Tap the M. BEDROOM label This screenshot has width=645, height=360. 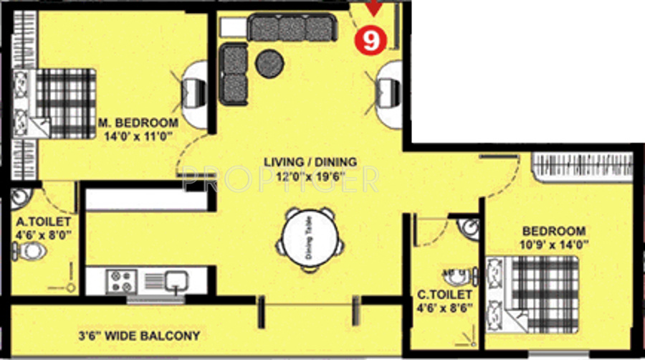point(138,121)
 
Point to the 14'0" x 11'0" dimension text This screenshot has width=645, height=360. point(138,134)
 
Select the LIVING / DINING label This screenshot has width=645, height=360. point(310,162)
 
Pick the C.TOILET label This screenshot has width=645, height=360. point(445,295)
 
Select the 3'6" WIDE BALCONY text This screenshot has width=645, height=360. point(139,336)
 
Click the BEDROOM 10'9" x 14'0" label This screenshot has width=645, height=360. point(555,237)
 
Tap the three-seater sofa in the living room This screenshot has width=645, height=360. point(291,28)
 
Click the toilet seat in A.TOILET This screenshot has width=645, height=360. point(32,251)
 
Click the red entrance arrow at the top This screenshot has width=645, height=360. point(373,9)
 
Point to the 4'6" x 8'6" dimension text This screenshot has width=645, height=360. point(445,308)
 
